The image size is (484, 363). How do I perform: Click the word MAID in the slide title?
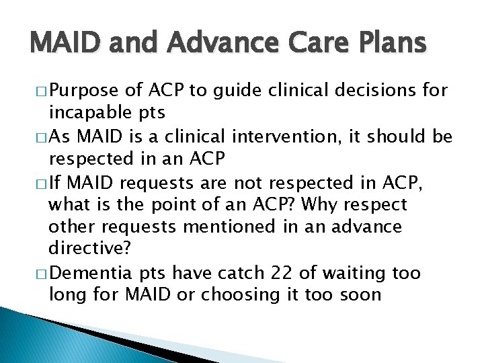click(65, 44)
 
